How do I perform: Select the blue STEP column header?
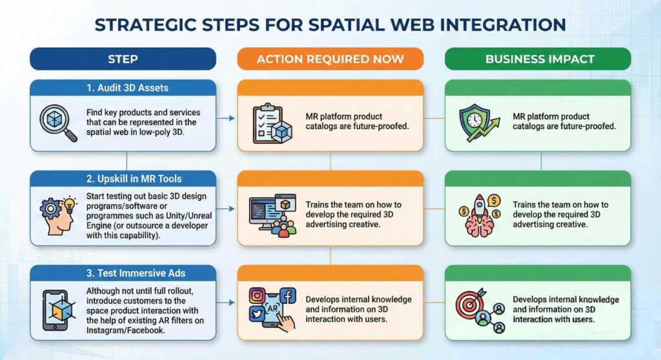(123, 59)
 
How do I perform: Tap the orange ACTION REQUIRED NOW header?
(330, 59)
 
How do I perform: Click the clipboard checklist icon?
(271, 122)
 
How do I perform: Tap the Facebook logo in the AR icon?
(288, 296)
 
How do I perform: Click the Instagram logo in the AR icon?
(258, 295)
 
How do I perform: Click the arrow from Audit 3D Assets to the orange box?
(226, 118)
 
